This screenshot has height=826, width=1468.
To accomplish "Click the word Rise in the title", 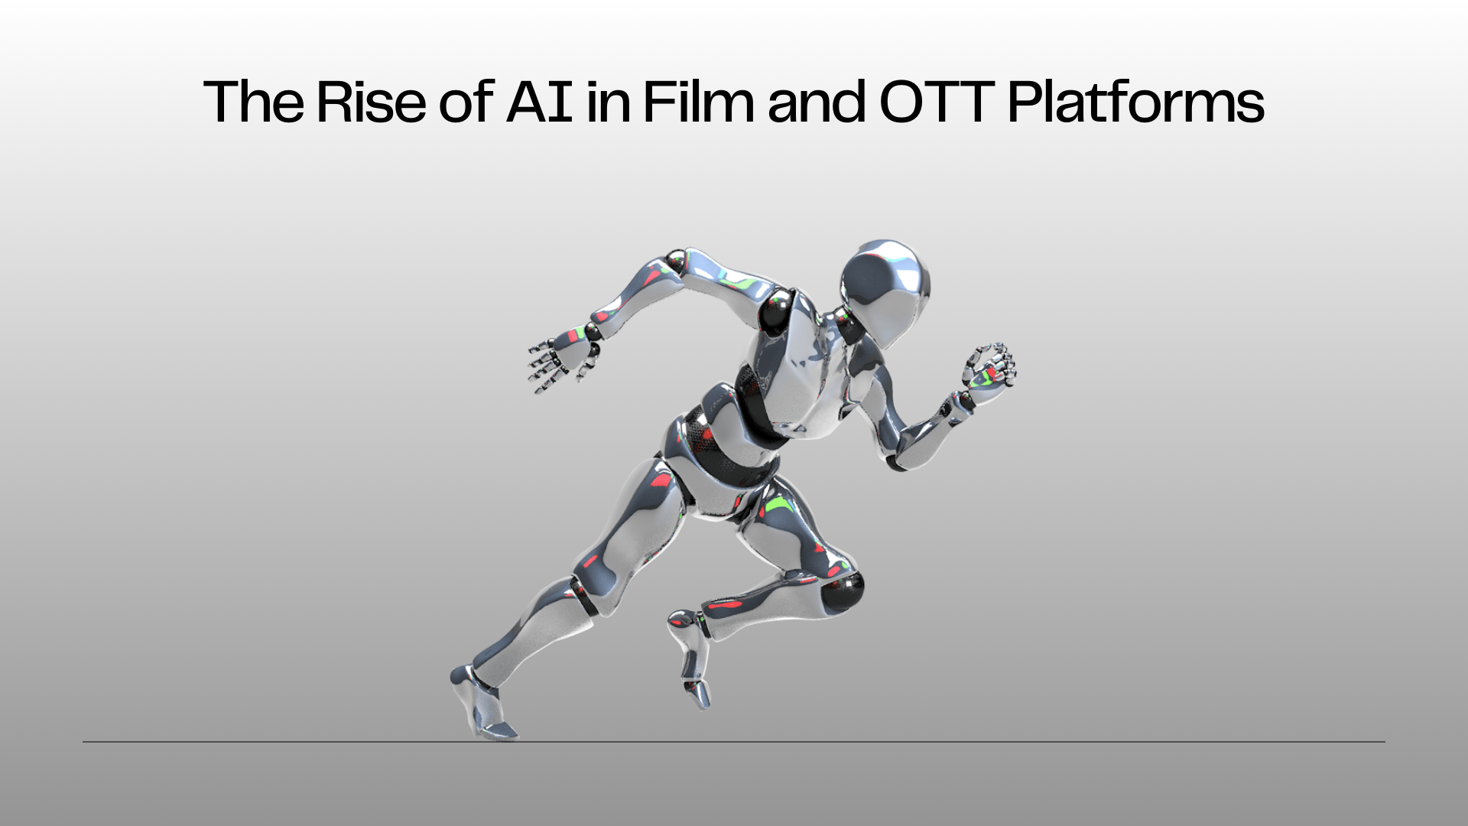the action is [371, 102].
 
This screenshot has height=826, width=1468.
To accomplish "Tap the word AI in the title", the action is [540, 102].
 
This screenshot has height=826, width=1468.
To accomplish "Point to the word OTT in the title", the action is [937, 102].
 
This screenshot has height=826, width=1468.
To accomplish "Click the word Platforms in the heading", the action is [1136, 102].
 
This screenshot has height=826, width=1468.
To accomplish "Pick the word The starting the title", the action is [254, 102].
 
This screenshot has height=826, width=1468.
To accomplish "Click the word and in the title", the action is [817, 102].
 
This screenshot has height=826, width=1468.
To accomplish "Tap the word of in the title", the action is [466, 102].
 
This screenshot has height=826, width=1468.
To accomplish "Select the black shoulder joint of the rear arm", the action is [778, 307].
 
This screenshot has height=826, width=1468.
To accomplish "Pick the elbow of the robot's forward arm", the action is [898, 455].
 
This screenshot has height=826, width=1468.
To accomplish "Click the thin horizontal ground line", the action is [734, 741].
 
